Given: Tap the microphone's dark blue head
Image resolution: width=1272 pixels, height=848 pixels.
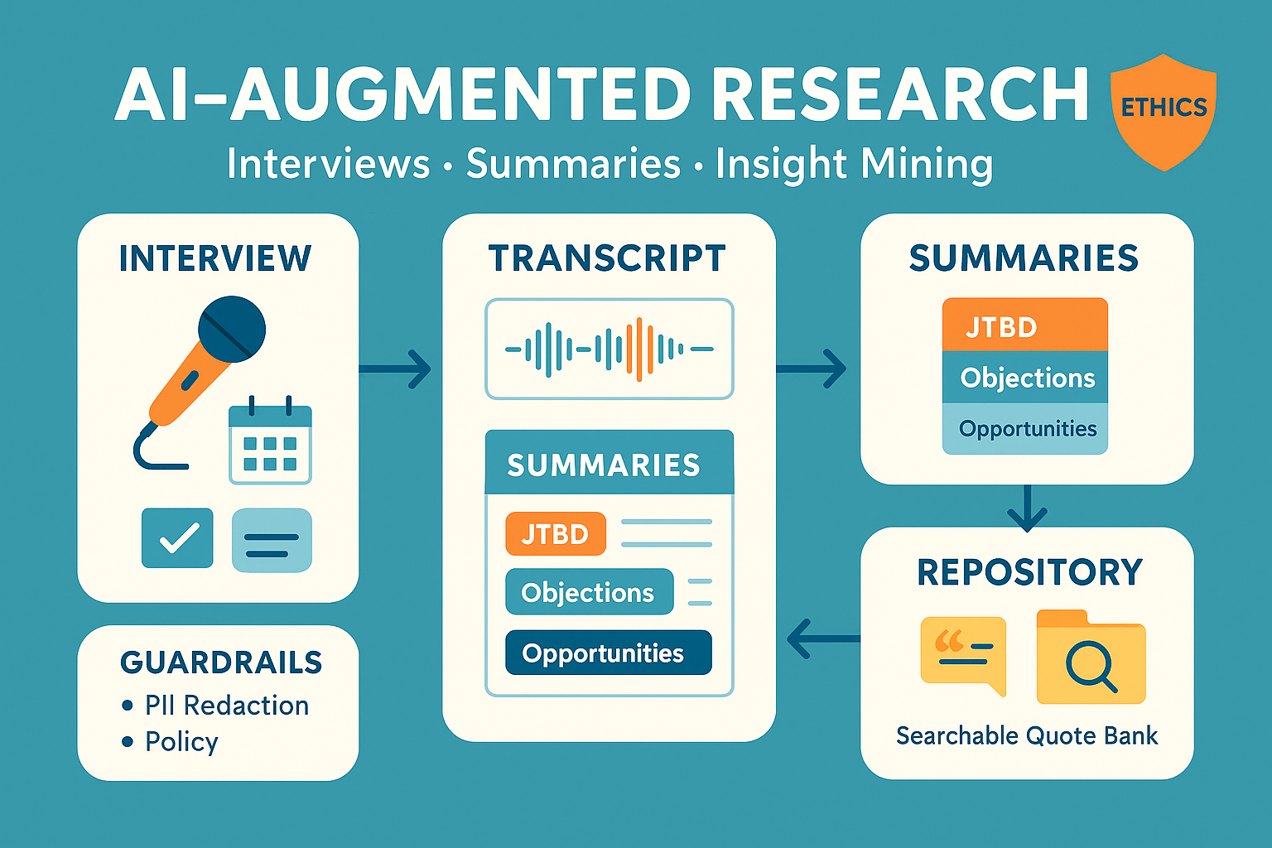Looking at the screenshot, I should click(232, 329).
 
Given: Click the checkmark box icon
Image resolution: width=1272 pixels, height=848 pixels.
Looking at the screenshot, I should click(177, 538).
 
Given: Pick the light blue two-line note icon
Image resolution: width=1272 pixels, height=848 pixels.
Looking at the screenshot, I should click(272, 540).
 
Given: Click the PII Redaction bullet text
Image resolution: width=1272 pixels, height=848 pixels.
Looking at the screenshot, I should click(226, 706).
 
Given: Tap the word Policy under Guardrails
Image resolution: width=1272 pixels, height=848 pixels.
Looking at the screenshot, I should click(181, 741).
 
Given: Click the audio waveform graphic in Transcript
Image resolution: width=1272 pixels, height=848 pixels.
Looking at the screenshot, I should click(609, 349).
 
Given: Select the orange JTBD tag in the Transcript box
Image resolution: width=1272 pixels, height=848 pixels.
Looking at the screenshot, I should click(555, 534).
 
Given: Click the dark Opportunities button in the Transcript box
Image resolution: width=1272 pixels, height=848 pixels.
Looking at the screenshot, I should click(608, 653).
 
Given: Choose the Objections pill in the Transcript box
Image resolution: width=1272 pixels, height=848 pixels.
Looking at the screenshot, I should click(589, 592).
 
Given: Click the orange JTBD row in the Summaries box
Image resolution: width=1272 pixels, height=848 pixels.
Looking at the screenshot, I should click(1024, 325).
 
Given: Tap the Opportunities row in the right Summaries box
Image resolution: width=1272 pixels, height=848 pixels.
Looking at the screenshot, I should click(1026, 429).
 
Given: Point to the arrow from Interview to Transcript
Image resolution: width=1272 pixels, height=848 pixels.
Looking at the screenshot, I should click(396, 369).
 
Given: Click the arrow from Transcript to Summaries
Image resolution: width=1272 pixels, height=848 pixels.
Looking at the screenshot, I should click(812, 369).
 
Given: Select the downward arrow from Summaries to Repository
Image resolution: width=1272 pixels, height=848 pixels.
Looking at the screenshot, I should click(1027, 508).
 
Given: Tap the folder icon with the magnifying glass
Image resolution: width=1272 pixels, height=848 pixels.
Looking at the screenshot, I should click(1091, 658).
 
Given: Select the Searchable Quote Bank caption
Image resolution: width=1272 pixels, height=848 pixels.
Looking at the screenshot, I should click(1026, 735).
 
